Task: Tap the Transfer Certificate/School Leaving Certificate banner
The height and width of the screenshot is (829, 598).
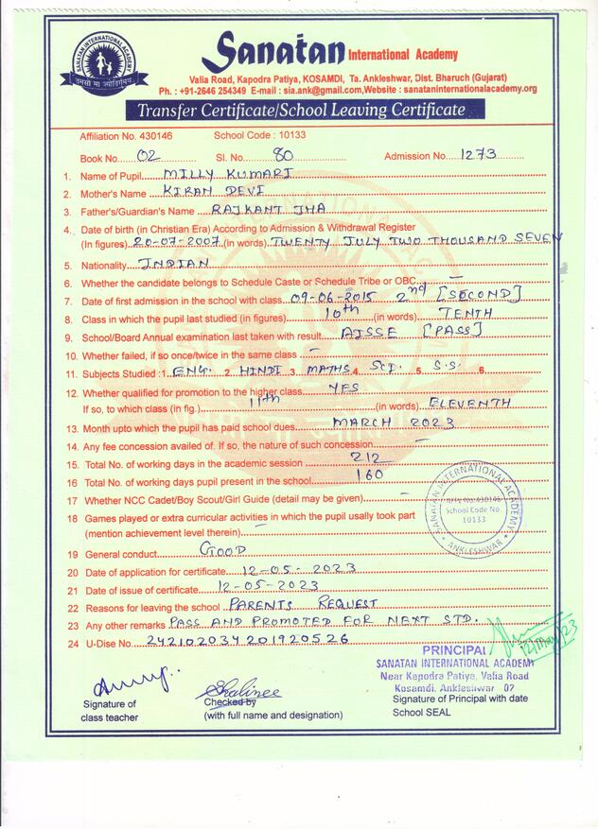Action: [302, 111]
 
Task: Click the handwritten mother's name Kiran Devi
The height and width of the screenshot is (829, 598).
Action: [205, 192]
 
